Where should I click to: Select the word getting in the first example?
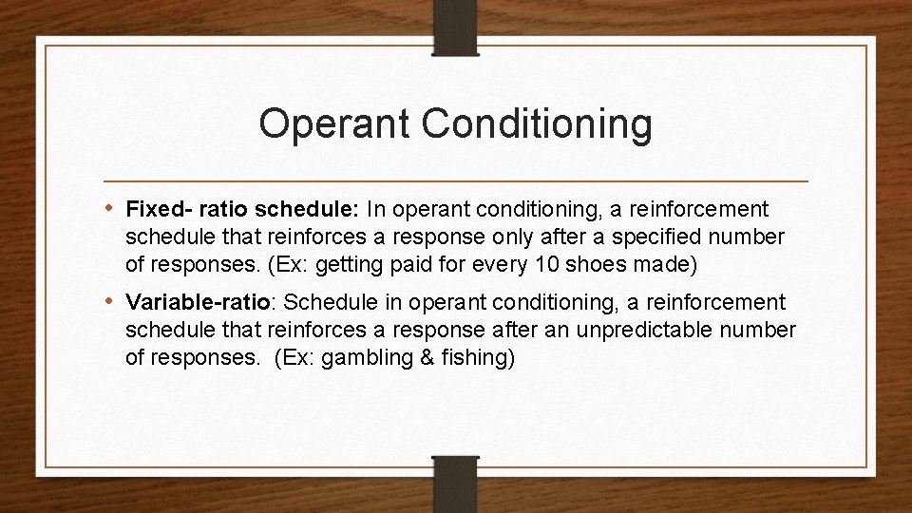pos(358,262)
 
